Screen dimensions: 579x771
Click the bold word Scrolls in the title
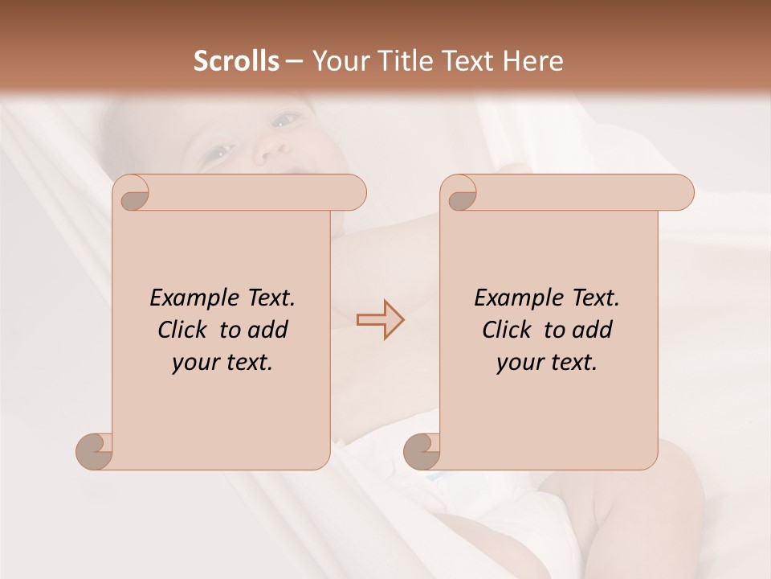coord(236,61)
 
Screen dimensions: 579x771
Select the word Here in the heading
coord(533,61)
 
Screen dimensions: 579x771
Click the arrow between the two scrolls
coord(381,319)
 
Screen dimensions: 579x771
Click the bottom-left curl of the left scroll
coord(96,450)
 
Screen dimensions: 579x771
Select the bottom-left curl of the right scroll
coord(422,450)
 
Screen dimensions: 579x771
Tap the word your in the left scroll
coord(194,362)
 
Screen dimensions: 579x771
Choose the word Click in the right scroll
coord(506,330)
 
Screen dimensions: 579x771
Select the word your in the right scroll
coord(519,362)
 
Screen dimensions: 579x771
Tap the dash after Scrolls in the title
coord(295,61)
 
